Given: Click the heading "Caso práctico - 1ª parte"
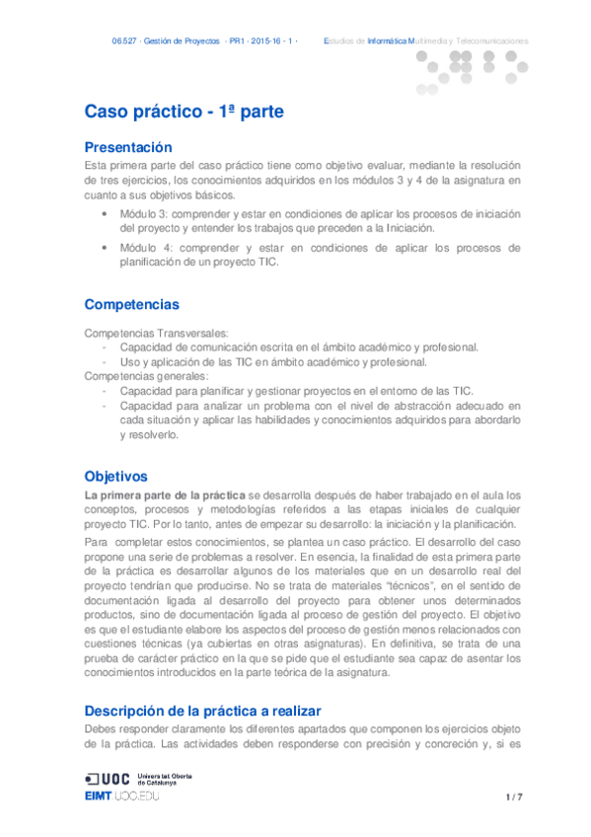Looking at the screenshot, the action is click(x=184, y=113).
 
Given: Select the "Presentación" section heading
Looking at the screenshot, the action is click(x=134, y=147).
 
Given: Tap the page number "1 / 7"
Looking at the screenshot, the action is click(x=513, y=796).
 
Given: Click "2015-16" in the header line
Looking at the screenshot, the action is click(x=266, y=41).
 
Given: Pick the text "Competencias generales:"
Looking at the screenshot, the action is click(x=146, y=376).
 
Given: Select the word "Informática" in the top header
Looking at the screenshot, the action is click(x=387, y=41).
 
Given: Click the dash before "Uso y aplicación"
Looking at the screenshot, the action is click(x=105, y=362).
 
